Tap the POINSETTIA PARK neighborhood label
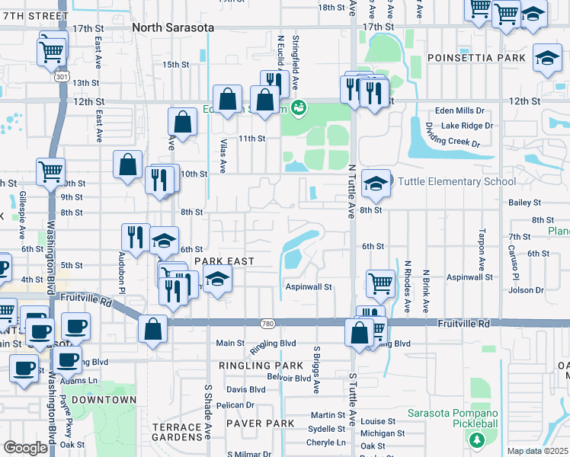pos(476,58)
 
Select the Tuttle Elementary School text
pos(455,182)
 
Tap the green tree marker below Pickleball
pos(477,440)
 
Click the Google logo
pos(25,447)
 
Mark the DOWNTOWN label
pos(106,400)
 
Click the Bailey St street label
pos(524,203)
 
